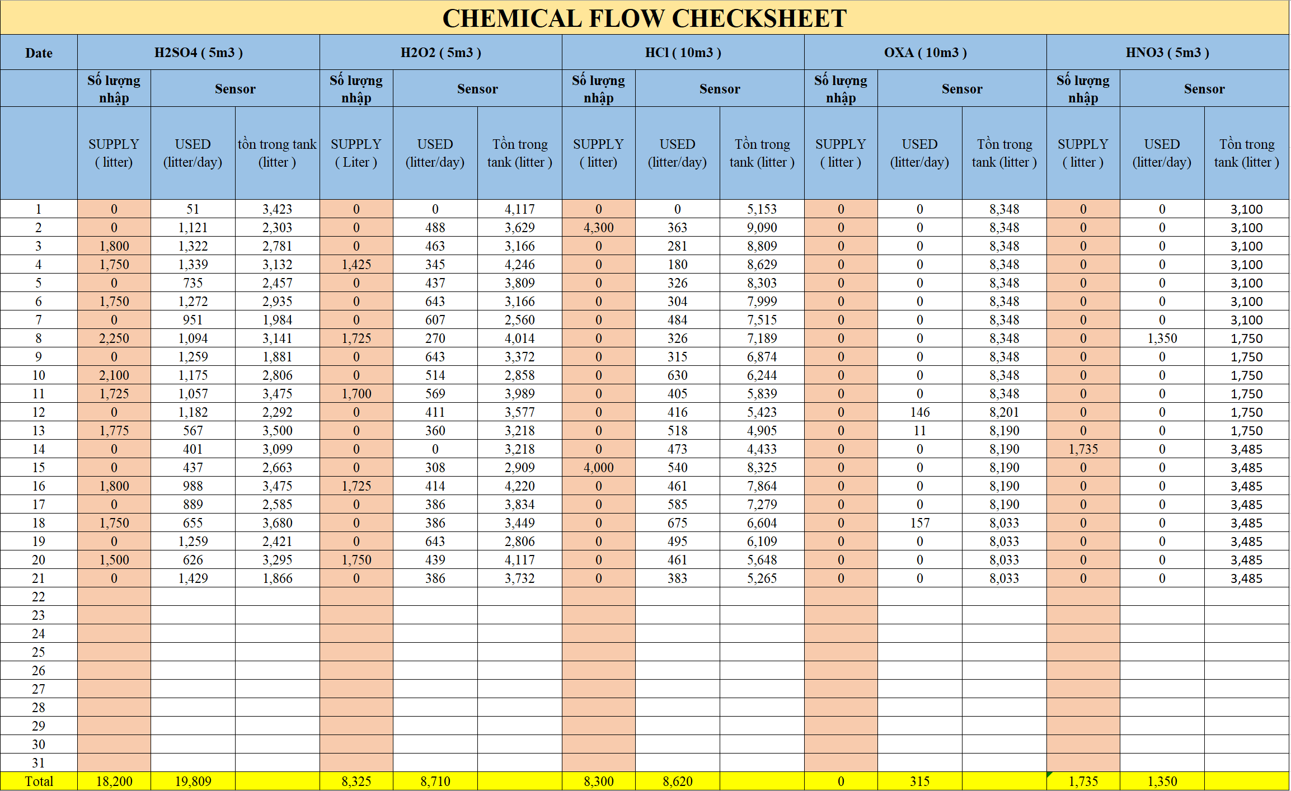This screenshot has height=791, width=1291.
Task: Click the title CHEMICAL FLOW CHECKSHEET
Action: pos(644,18)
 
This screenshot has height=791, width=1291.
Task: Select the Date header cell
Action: pos(39,53)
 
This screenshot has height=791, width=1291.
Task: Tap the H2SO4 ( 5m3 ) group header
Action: pos(198,53)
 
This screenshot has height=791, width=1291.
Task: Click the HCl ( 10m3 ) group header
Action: pos(683,53)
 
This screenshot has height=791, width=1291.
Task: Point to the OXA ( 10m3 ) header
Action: pos(925,53)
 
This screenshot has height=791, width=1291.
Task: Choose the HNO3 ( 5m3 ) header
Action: pos(1167,53)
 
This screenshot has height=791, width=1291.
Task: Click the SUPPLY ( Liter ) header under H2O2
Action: pos(356,153)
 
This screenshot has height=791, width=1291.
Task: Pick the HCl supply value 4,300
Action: pos(598,228)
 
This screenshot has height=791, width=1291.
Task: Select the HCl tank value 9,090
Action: pos(762,228)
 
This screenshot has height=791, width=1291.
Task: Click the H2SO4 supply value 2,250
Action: pos(114,338)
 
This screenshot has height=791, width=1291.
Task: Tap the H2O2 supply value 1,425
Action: pos(356,265)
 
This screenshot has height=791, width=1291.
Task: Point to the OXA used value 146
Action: pos(919,412)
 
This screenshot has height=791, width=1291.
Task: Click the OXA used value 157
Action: pos(919,523)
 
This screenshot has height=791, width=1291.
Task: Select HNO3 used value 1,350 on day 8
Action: pos(1162,338)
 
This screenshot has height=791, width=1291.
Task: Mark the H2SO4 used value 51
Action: pos(193,209)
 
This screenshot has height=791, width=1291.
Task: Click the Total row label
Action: pos(39,781)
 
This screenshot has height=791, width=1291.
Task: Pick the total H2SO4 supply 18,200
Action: pos(114,781)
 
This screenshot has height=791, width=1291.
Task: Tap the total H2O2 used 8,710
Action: pos(435,781)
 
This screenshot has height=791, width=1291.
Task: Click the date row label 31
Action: pos(39,763)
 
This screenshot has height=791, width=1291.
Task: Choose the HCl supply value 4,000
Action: pos(598,468)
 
